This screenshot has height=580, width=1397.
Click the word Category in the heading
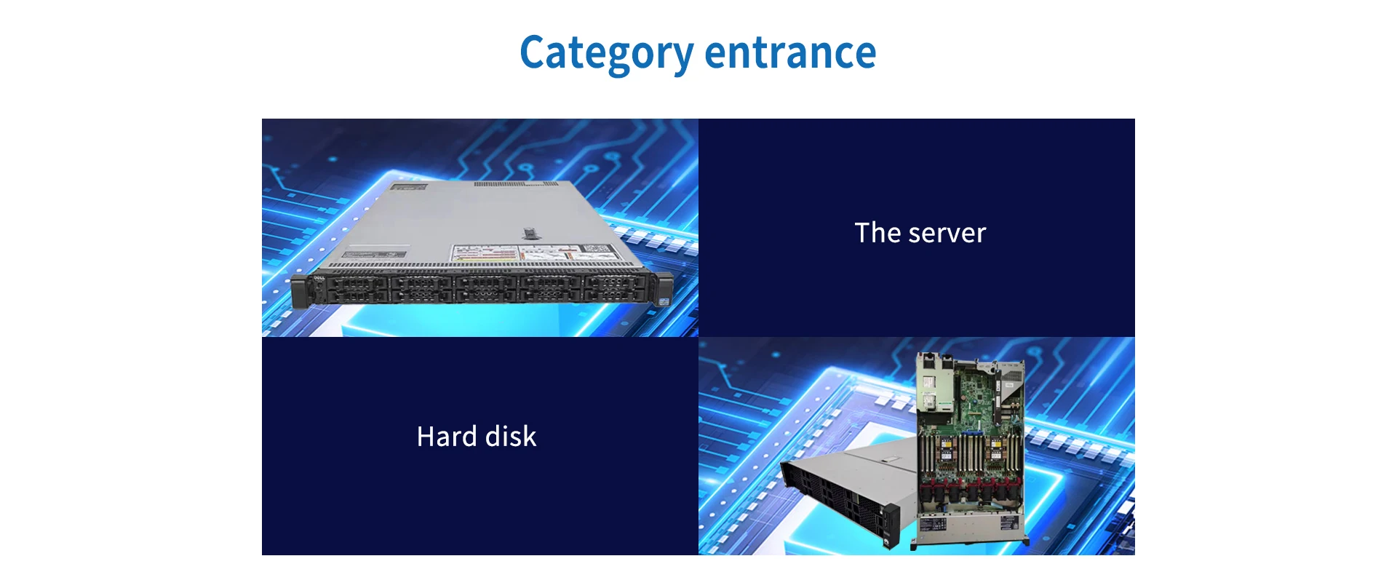pos(606,53)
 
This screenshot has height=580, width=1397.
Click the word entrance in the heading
pos(790,53)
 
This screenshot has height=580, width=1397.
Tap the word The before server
pos(877,233)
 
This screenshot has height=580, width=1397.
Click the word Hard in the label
pos(447,437)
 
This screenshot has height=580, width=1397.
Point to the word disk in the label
pos(511,437)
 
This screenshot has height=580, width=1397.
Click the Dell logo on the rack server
pos(318,278)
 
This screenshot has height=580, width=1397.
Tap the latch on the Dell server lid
pos(529,234)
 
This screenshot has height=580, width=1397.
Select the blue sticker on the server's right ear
pos(664,300)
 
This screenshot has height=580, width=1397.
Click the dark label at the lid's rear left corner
pos(409,187)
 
